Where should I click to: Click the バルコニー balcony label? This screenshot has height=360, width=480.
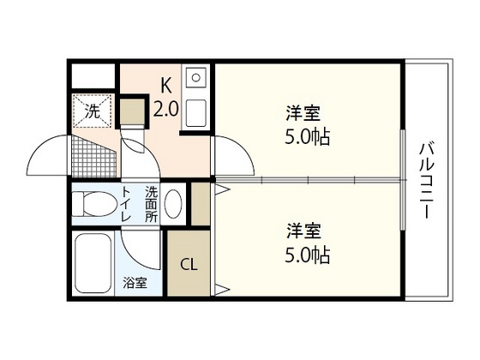point(426,181)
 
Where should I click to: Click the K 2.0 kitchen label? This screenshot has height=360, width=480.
point(165,96)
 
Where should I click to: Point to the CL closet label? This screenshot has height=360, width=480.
point(189,263)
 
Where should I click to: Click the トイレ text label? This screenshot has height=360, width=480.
point(126,206)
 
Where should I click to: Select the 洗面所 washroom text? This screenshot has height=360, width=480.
point(151,206)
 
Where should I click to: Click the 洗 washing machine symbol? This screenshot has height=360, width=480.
point(92,109)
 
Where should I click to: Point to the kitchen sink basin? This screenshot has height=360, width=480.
point(195,110)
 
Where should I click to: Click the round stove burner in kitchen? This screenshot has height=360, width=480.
point(196,78)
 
